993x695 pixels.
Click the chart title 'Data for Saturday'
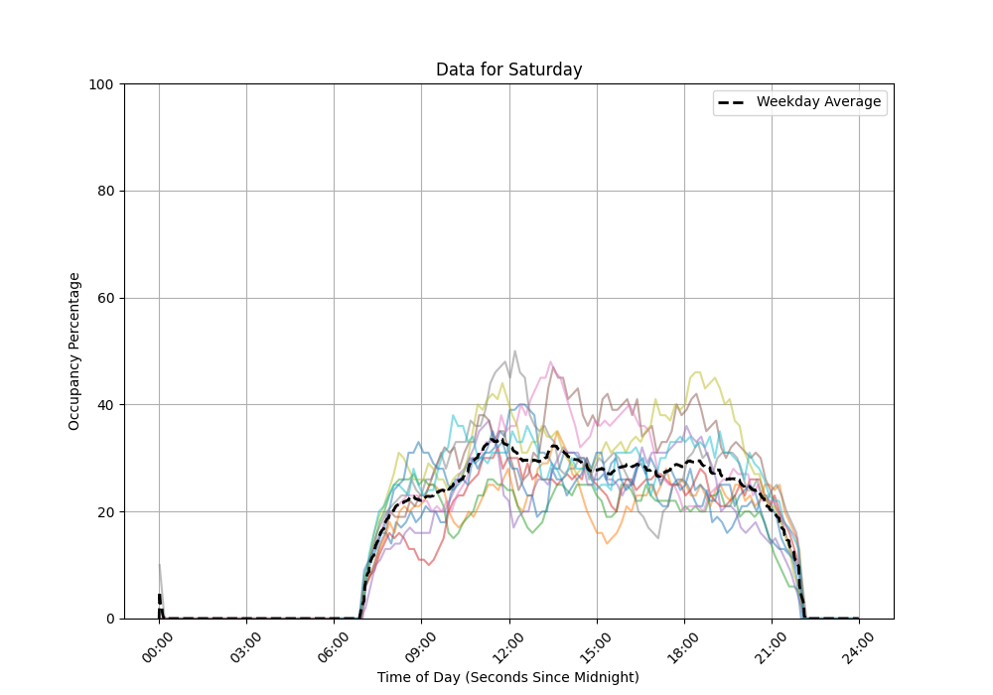508,69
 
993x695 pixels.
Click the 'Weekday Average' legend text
818,102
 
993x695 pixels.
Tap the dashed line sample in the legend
734,102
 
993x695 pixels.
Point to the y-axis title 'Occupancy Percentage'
74,350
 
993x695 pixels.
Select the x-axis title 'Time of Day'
507,677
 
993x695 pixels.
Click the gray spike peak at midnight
159,565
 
